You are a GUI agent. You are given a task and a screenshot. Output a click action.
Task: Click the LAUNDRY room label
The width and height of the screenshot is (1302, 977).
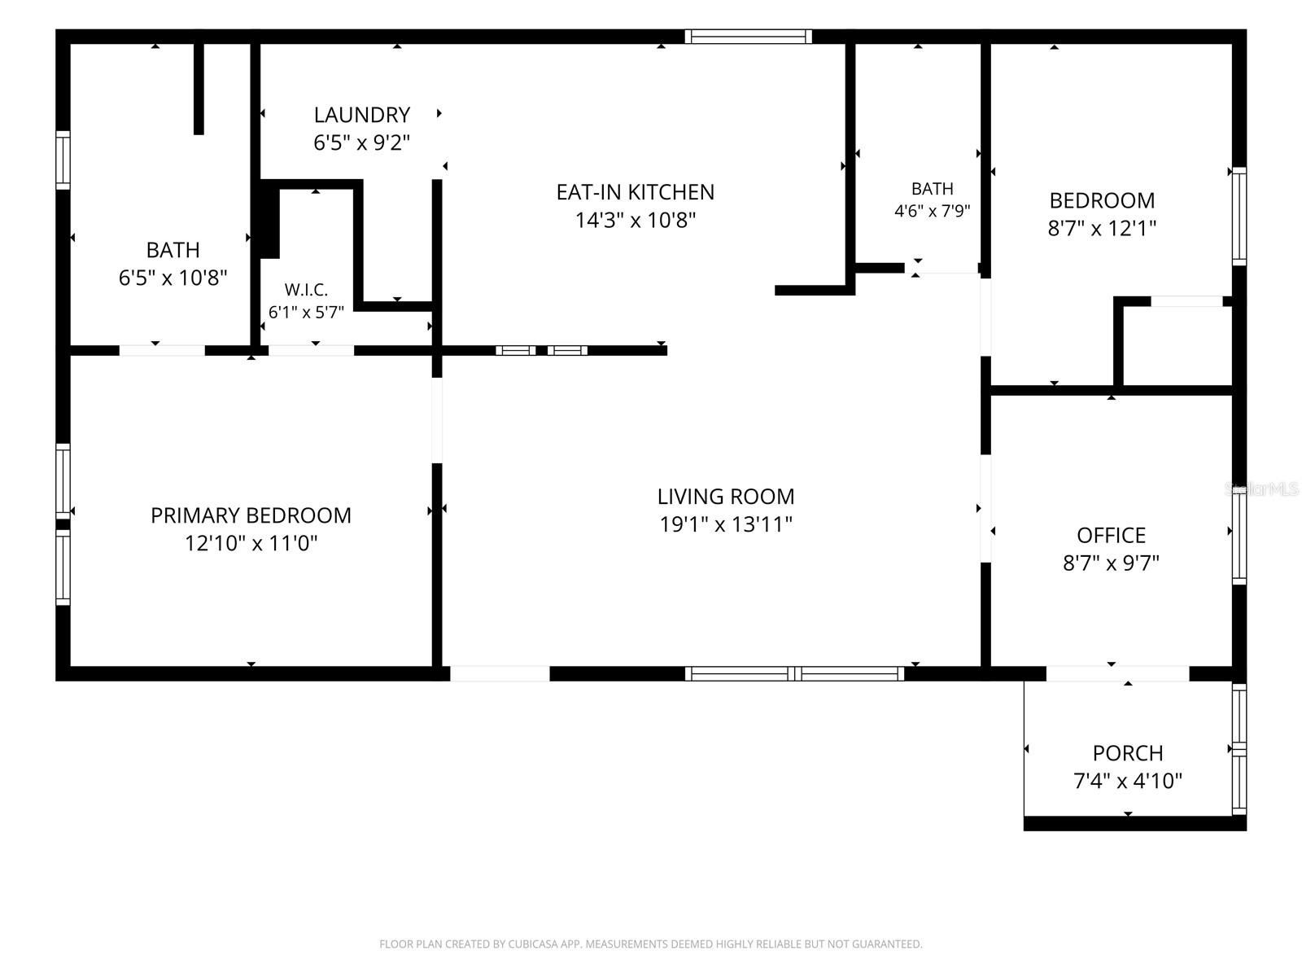click(362, 115)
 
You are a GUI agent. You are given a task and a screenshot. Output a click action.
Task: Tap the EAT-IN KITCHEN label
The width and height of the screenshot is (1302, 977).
click(636, 192)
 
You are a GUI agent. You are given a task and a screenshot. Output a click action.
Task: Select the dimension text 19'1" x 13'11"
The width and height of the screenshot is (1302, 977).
click(726, 524)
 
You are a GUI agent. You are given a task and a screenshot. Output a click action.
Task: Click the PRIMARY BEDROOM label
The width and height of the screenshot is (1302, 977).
click(251, 515)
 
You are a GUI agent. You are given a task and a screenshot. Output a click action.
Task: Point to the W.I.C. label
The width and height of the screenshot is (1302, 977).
click(306, 290)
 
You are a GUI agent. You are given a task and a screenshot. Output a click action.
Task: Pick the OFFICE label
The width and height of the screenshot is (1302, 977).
click(1111, 535)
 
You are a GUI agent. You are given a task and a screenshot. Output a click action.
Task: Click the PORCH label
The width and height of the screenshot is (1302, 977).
click(1128, 753)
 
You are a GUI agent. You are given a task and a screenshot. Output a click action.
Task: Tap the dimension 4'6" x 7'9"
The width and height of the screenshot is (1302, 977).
click(933, 211)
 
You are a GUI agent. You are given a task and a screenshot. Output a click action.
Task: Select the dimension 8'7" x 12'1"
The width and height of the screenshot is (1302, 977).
click(1102, 228)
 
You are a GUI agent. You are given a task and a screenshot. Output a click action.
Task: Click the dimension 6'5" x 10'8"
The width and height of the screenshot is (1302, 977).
click(173, 277)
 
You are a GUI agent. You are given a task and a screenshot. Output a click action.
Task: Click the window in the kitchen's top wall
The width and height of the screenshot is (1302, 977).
click(749, 36)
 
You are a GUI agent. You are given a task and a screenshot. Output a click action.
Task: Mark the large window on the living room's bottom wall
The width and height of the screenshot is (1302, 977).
click(794, 673)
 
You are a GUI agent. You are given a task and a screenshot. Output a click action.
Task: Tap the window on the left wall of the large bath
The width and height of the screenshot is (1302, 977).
click(63, 160)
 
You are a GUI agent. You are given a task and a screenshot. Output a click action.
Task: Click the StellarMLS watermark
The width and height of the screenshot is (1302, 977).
click(1260, 488)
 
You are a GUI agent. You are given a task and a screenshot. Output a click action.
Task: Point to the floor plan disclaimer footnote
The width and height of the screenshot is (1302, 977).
click(651, 944)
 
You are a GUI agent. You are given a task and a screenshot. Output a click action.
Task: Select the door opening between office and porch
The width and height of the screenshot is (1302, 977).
click(1117, 673)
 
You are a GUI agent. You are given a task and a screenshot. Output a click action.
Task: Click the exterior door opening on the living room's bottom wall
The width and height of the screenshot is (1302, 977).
click(500, 673)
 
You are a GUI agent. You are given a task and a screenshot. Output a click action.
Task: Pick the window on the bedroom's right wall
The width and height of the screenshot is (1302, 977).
click(1239, 216)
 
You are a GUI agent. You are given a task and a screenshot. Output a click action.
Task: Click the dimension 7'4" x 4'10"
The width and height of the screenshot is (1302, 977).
click(1128, 781)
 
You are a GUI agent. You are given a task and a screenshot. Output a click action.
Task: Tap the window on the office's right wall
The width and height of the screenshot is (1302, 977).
click(1239, 538)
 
